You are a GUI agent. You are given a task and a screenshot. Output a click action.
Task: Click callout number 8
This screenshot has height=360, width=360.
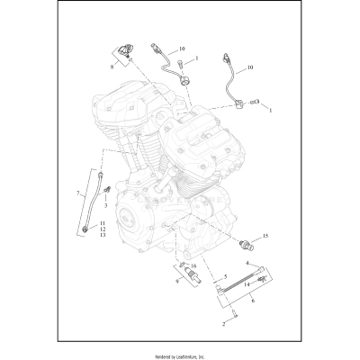[x=113, y=67]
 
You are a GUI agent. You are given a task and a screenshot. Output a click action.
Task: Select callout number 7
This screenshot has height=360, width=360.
[x=80, y=193]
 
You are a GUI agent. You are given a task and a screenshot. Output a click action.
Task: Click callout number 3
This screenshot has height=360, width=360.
[x=105, y=206]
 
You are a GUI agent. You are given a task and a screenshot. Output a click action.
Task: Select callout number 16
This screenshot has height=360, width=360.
[x=193, y=267]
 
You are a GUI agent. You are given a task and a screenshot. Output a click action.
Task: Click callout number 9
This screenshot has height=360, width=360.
[x=178, y=282]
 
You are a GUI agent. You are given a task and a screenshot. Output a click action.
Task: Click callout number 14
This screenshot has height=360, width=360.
[x=246, y=283]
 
